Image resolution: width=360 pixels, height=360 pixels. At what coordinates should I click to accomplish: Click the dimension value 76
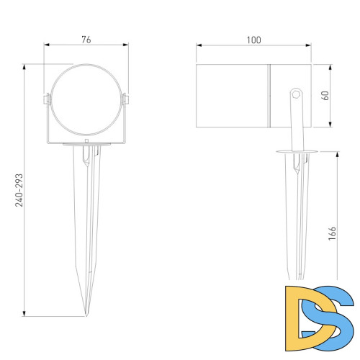pos(86,40)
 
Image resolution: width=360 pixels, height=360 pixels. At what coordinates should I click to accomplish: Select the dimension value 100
pos(254,40)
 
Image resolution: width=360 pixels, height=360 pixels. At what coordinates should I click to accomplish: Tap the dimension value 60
pos(325,96)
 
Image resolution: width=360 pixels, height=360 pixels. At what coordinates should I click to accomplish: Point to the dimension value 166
pos(332,233)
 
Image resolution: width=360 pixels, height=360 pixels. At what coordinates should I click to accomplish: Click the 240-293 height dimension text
pos(19,190)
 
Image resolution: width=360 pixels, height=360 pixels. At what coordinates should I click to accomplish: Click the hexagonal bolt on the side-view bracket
pos(296,94)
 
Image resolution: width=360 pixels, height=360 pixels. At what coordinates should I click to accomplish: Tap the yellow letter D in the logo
pos(310,318)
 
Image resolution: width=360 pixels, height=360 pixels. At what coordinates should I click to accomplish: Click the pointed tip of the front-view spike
pos(86,315)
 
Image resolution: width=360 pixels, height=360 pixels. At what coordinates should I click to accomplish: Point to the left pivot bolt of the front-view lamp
pos(47,99)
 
